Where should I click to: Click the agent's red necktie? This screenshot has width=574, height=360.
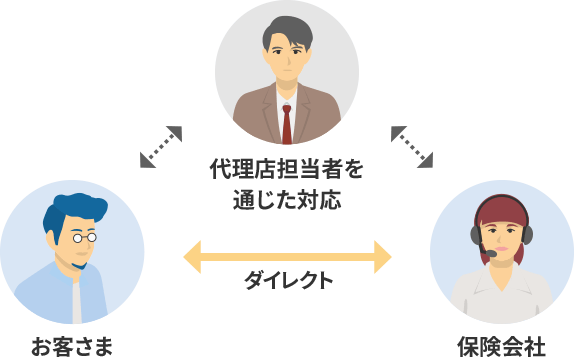pyautogui.click(x=287, y=122)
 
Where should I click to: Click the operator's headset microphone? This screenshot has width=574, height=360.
pyautogui.click(x=491, y=254)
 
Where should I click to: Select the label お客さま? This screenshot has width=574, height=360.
pyautogui.click(x=71, y=347)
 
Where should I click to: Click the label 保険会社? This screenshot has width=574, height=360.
pyautogui.click(x=502, y=347)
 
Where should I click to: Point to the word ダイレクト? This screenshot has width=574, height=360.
pyautogui.click(x=288, y=281)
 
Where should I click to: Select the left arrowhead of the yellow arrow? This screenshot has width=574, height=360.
pyautogui.click(x=192, y=256)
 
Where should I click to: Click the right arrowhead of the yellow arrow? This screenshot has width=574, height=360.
pyautogui.click(x=382, y=256)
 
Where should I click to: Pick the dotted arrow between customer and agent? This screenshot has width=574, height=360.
pyautogui.click(x=161, y=146)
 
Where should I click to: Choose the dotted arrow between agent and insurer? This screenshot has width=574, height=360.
pyautogui.click(x=412, y=146)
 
